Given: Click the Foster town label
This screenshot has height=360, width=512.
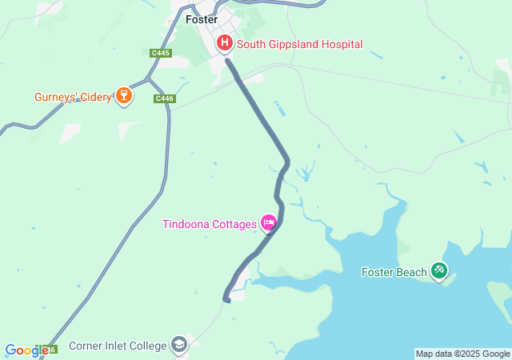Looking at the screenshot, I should (201, 19).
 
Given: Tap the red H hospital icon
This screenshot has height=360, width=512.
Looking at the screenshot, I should (225, 44).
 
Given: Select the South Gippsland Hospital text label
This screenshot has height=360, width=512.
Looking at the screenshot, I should (299, 44).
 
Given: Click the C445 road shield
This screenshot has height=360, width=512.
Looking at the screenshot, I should (161, 53).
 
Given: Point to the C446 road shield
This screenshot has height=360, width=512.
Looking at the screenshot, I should (164, 98).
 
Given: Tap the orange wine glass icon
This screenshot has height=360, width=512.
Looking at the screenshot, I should (123, 97).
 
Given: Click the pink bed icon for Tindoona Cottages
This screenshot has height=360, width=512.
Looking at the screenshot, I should (269, 223).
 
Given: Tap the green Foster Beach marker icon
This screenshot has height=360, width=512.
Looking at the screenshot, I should (439, 271).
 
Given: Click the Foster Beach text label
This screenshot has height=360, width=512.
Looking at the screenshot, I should (394, 272).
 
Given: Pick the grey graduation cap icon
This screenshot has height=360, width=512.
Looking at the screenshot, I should (179, 345).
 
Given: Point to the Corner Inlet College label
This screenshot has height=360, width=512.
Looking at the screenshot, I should (118, 346).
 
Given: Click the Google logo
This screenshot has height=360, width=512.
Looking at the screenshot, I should (26, 350).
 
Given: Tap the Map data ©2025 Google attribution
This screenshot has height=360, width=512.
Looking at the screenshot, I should (462, 354).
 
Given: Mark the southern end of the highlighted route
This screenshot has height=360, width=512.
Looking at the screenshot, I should (226, 300).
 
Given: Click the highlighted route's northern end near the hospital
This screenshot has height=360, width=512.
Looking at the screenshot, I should (227, 59).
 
